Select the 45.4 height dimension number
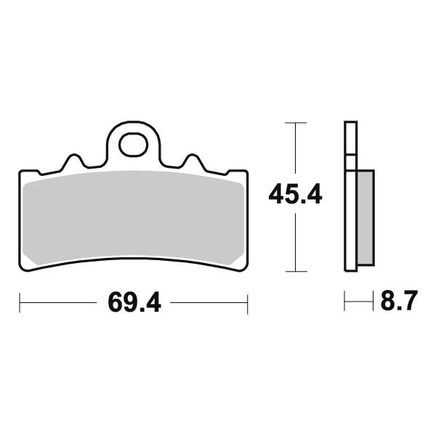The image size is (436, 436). pos(295,195)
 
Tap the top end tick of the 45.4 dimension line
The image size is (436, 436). pos(294,123)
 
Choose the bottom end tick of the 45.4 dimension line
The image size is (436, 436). pos(294,271)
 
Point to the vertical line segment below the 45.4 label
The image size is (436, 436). pos(294,240)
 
